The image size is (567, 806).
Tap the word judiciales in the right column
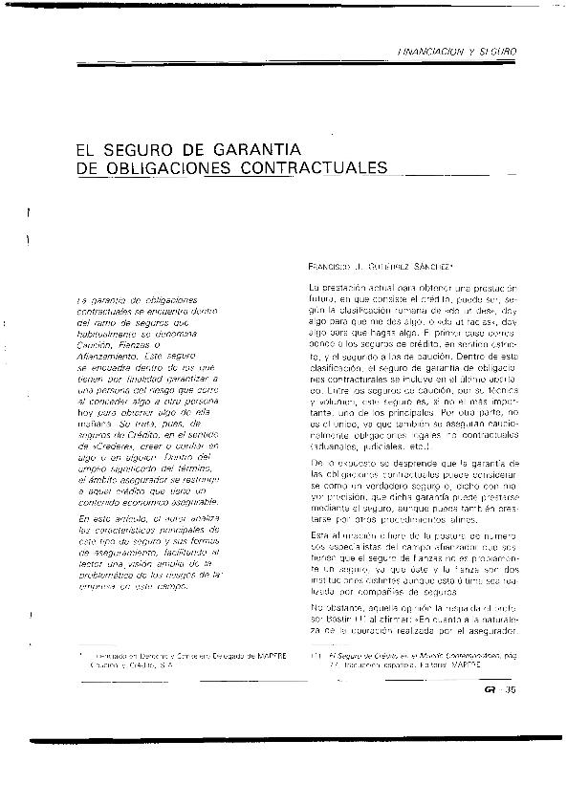tap(388, 444)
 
